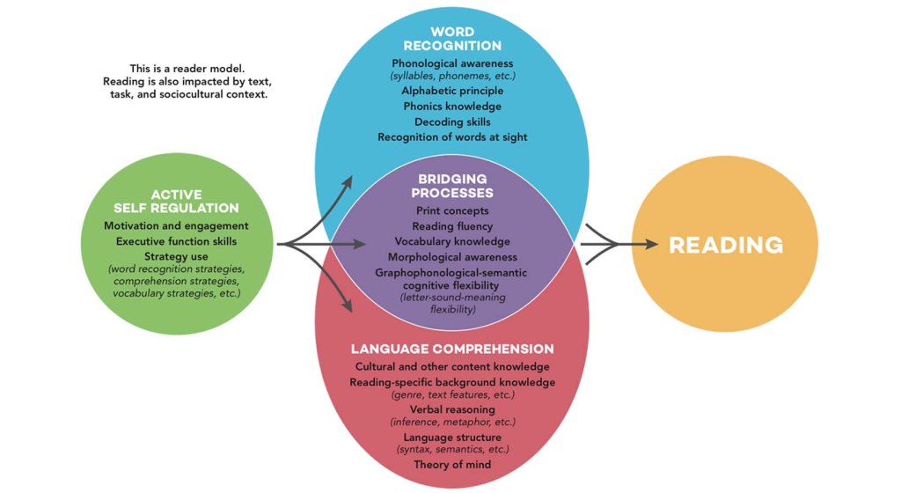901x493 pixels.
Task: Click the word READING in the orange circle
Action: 725,245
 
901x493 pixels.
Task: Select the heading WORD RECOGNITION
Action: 453,39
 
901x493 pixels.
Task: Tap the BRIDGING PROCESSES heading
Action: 453,186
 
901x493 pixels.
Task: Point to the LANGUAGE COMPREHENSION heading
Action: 453,349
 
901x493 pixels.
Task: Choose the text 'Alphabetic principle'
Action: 453,90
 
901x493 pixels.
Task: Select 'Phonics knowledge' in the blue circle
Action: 453,106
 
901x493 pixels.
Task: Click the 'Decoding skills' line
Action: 453,121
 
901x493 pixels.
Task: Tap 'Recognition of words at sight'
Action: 453,137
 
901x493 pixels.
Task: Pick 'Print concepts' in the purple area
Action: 453,210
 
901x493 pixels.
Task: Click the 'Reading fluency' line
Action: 453,226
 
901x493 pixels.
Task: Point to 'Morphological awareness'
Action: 453,257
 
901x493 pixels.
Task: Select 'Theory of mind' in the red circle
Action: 453,464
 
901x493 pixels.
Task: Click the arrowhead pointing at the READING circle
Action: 648,245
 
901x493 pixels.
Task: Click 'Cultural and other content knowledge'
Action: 453,366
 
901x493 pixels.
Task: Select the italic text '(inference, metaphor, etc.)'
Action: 453,422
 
